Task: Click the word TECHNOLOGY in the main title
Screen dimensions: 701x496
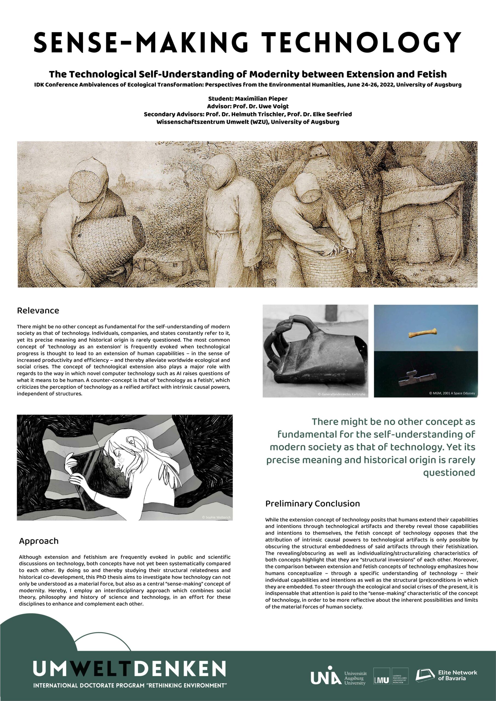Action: click(x=362, y=42)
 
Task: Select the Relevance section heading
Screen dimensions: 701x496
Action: click(x=38, y=311)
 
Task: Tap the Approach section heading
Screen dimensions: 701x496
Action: click(x=39, y=541)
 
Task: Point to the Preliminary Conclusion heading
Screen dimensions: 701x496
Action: click(x=312, y=504)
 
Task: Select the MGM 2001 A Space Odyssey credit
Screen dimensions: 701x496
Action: click(x=452, y=393)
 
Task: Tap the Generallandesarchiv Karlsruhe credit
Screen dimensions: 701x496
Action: click(x=341, y=394)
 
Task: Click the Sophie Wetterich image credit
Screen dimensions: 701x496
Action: click(x=216, y=517)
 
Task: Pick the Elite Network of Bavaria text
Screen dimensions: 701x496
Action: click(x=457, y=675)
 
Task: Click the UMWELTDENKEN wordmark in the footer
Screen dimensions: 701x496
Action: click(x=129, y=669)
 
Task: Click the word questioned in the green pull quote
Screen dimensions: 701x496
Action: click(x=449, y=473)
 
